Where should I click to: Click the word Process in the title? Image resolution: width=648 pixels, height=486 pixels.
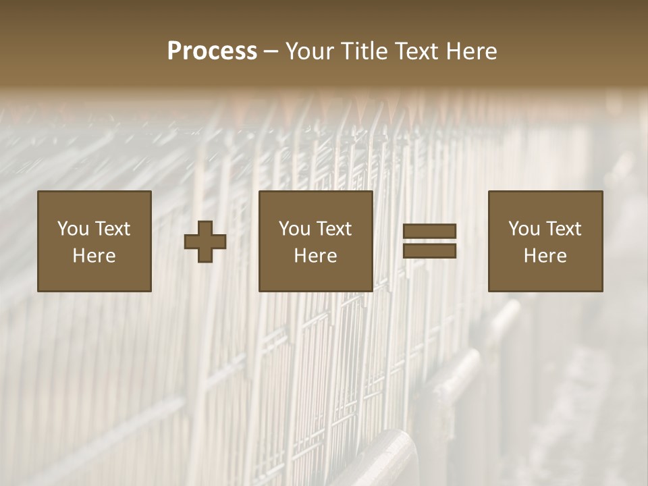click(212, 51)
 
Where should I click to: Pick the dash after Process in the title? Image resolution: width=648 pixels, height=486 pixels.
click(271, 52)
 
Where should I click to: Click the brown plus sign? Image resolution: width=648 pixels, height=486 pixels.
click(205, 241)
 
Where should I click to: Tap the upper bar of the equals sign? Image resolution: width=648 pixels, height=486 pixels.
click(429, 232)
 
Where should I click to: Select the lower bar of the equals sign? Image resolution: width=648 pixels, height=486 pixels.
click(429, 250)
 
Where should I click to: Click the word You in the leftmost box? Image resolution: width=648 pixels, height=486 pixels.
click(73, 229)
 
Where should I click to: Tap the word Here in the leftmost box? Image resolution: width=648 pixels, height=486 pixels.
click(94, 256)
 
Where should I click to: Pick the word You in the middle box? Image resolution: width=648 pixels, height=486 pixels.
click(294, 229)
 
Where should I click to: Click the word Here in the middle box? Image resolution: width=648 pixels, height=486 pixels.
click(316, 256)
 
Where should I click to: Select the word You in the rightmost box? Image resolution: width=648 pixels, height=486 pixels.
click(524, 229)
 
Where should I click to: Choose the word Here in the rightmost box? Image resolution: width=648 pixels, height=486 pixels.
click(545, 256)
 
